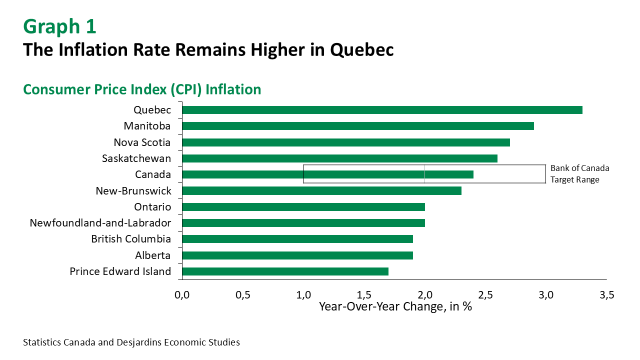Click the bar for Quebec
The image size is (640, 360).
(x=382, y=110)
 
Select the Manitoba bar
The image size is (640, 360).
(x=358, y=126)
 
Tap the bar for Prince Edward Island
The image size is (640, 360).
(x=285, y=271)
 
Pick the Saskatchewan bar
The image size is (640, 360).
(x=339, y=158)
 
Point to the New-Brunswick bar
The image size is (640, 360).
(x=321, y=190)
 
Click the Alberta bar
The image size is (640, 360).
(x=297, y=255)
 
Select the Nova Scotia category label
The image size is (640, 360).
(x=142, y=142)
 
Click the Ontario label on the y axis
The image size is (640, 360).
(x=152, y=207)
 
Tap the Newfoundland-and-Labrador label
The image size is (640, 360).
(x=100, y=223)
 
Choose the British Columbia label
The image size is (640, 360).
(x=131, y=239)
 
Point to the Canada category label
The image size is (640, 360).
(x=153, y=174)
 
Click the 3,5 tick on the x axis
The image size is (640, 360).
(x=606, y=295)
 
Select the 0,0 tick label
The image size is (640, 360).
(x=182, y=295)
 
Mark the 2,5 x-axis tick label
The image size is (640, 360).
(x=485, y=295)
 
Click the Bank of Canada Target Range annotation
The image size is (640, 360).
(x=579, y=174)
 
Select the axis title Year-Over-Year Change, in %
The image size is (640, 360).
(x=395, y=306)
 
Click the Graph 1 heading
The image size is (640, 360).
(x=59, y=27)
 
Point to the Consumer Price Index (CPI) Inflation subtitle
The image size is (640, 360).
(x=142, y=89)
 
